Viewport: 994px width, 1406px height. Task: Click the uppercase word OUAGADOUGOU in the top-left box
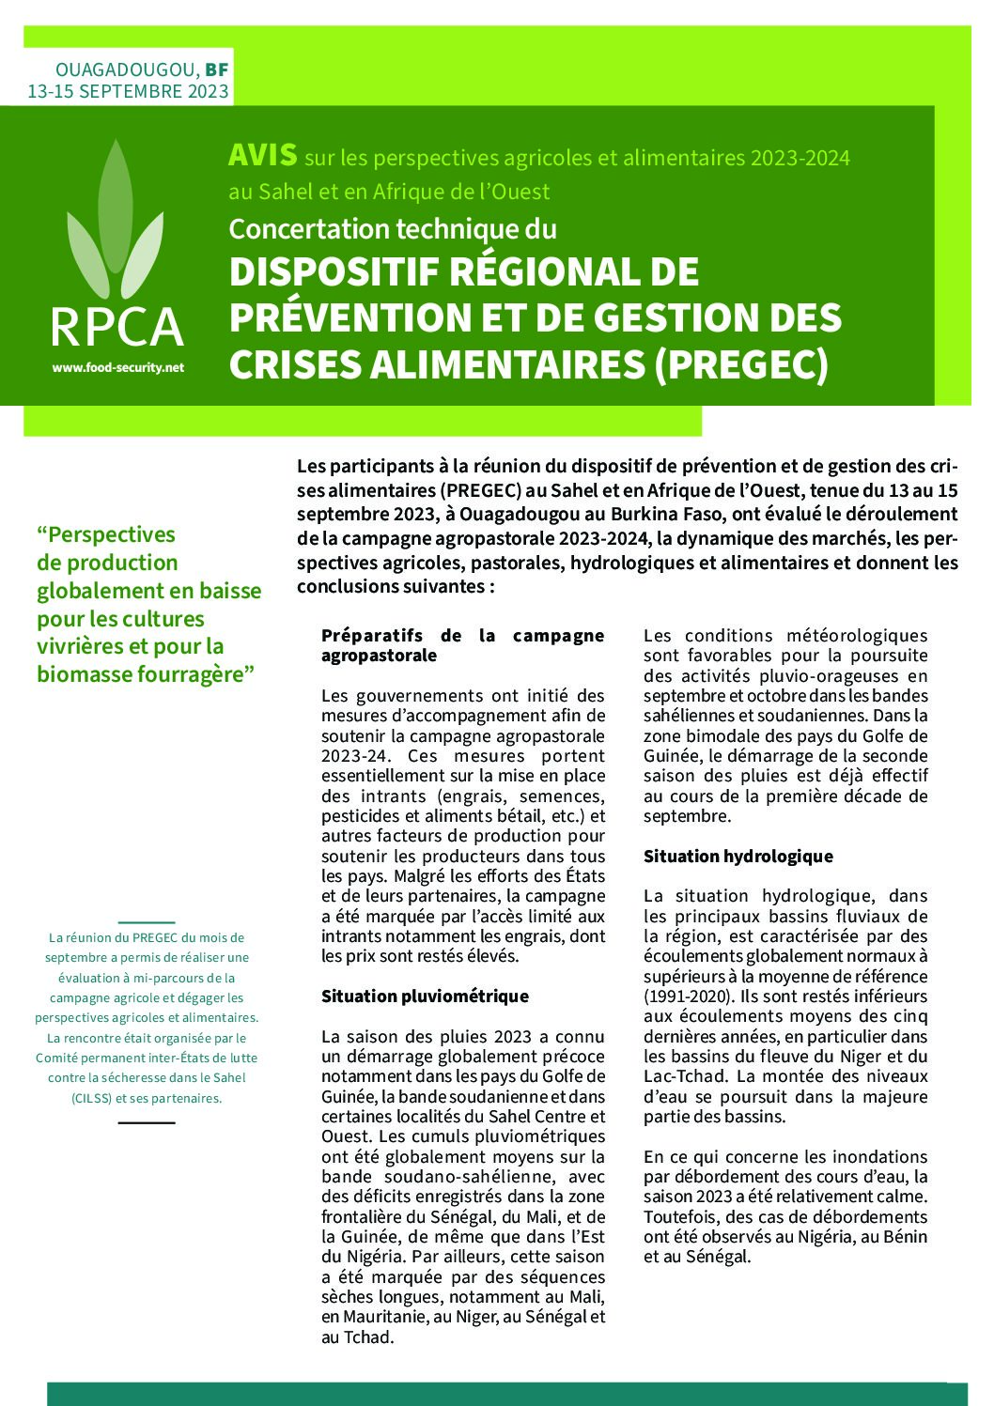(x=126, y=70)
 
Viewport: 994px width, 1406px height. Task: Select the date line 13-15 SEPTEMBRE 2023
(x=128, y=91)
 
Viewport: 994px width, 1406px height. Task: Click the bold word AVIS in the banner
(x=262, y=155)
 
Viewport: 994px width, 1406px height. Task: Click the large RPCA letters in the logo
(x=116, y=327)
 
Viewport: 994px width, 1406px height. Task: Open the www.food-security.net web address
(x=118, y=368)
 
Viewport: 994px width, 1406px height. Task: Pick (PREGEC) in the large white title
(x=741, y=364)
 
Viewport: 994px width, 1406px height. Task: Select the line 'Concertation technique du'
(x=393, y=229)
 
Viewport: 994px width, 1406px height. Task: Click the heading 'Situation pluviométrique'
(x=425, y=997)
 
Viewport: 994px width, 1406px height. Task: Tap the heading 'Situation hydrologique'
(x=738, y=857)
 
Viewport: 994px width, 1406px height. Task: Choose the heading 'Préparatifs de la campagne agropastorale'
(x=462, y=645)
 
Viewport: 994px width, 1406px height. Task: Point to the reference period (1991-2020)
(x=688, y=997)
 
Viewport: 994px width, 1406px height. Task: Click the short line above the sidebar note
(x=147, y=923)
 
